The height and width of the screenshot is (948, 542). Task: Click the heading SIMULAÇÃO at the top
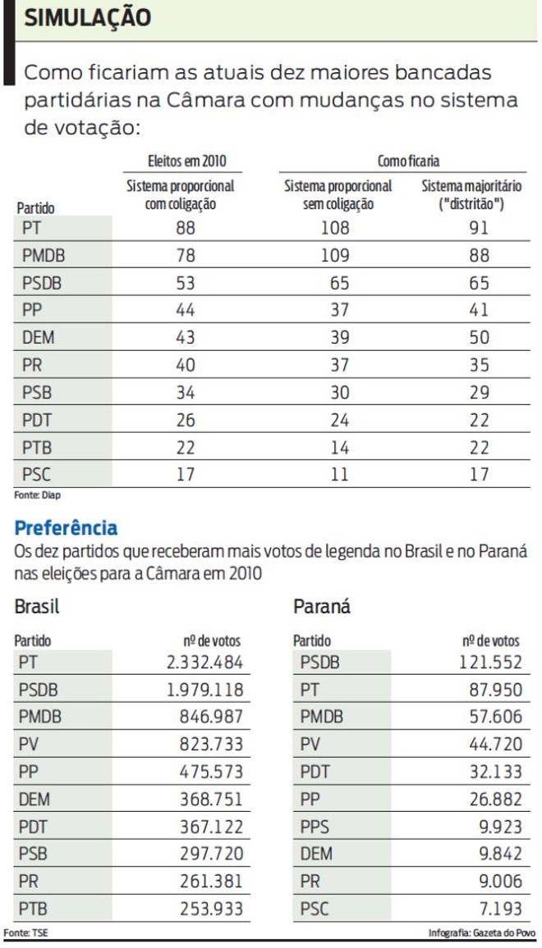87,17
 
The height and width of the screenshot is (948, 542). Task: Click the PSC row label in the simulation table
37,473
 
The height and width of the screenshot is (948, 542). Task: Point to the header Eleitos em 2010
181,162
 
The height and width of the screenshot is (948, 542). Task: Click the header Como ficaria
406,162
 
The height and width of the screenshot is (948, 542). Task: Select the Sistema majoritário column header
471,195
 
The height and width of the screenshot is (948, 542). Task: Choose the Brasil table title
38,608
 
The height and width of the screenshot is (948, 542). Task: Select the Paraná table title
322,608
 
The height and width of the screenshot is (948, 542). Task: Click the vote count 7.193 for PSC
500,909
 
